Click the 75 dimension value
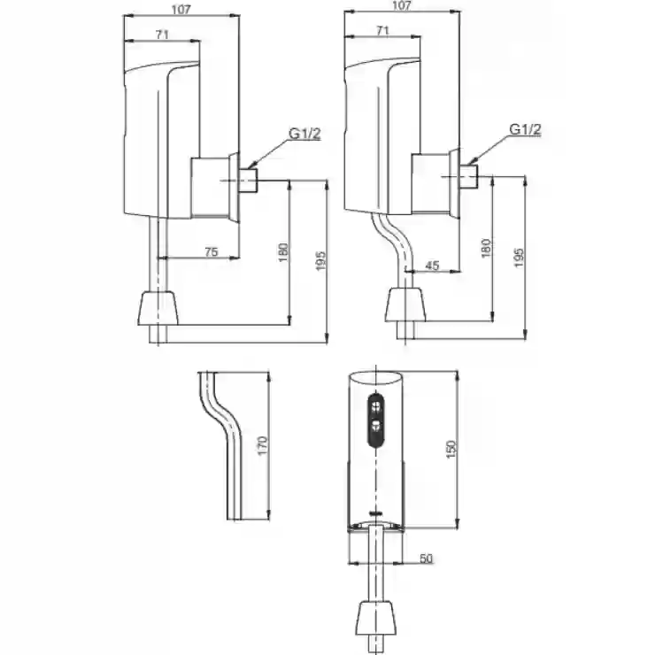[x=212, y=252]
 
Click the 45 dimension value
[x=432, y=266]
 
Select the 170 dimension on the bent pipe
[x=262, y=446]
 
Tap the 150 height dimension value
[x=451, y=450]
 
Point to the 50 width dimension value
[x=426, y=559]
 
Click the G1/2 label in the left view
[x=305, y=134]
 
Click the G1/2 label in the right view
[x=525, y=129]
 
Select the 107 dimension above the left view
[x=181, y=10]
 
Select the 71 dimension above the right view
[x=382, y=30]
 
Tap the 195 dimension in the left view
[x=320, y=261]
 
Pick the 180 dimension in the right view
[x=486, y=248]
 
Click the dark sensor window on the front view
[x=376, y=419]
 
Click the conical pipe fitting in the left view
[x=158, y=308]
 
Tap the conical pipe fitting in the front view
[x=376, y=618]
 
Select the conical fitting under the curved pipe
[x=405, y=304]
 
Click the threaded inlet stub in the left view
[x=249, y=181]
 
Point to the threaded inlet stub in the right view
[x=469, y=176]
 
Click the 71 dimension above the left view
[x=162, y=35]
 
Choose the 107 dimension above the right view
[x=402, y=6]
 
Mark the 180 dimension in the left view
[x=283, y=252]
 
